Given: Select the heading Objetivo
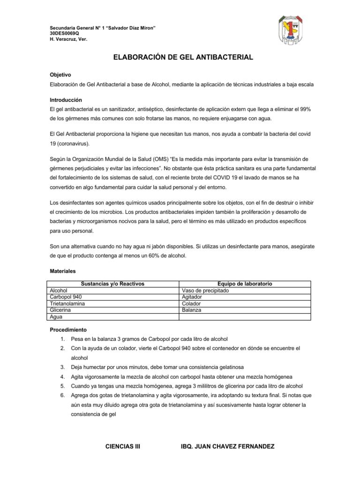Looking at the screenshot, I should (60, 75).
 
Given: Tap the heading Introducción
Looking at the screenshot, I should (66, 100).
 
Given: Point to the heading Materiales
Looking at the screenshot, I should (62, 271).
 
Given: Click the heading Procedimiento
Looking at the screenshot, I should (68, 330).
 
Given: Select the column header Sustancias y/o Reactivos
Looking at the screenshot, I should (112, 284).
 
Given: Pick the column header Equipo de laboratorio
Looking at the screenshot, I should (245, 284).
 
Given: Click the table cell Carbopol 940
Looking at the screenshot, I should (68, 297).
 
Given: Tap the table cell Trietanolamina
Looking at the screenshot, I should (68, 303).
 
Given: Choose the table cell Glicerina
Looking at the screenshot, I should (60, 310).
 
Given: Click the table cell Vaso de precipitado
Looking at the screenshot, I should (205, 290).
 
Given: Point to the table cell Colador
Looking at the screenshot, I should (191, 303).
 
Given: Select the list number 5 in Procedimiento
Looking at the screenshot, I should (62, 386).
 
